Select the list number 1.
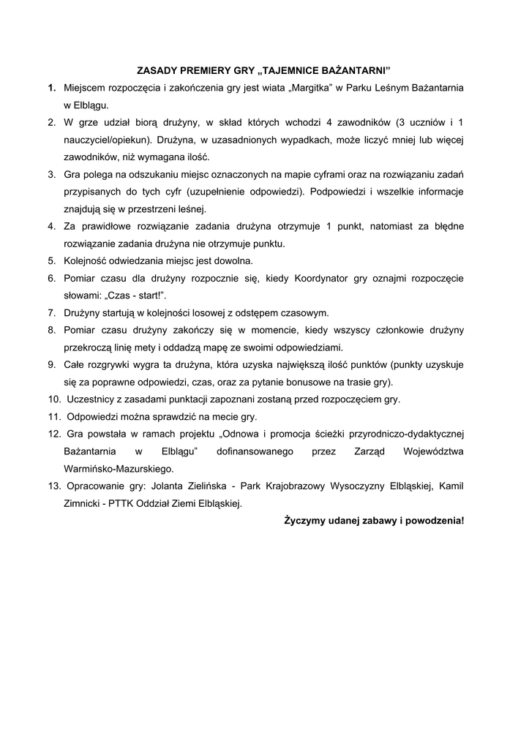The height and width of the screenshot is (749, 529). click(52, 88)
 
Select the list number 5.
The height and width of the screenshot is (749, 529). click(52, 260)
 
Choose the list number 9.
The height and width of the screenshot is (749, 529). click(52, 364)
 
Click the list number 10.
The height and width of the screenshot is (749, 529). click(54, 399)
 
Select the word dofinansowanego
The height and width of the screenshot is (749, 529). click(255, 451)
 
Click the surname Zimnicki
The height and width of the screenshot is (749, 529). click(86, 503)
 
